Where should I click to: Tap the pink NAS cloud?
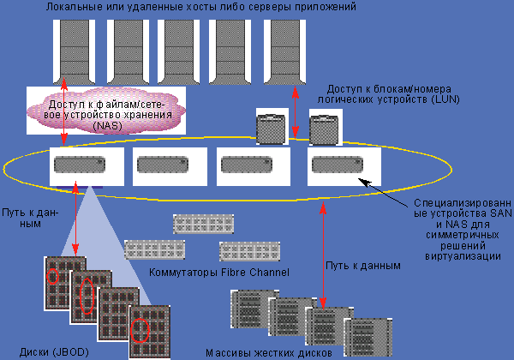click(105, 109)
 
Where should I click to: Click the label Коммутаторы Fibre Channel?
click(219, 273)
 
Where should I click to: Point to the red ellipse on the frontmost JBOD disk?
click(140, 328)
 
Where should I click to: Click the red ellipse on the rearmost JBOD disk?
click(54, 277)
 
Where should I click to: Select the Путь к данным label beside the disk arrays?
click(364, 267)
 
